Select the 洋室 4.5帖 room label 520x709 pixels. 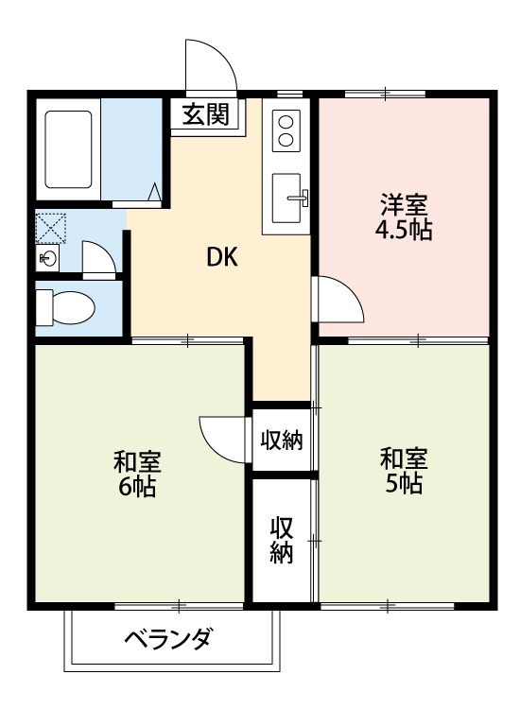point(406,217)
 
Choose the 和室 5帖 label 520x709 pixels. point(404,471)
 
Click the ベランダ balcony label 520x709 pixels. point(168,638)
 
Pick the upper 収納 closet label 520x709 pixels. point(282,440)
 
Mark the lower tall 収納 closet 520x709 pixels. point(282,540)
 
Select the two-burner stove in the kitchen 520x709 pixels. point(286,130)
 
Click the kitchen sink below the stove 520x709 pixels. point(287,198)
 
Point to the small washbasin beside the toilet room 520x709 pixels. point(47,257)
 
